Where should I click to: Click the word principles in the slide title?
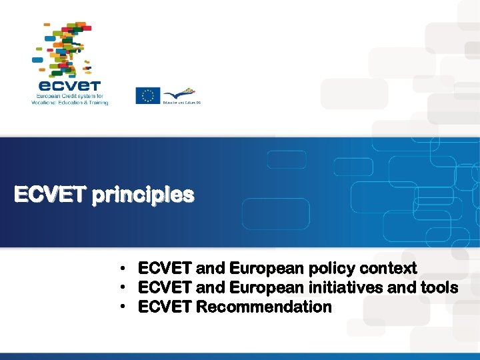143,195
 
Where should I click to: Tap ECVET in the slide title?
51,195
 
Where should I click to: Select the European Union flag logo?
148,96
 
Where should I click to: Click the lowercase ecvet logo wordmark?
69,85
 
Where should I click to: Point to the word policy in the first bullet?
331,269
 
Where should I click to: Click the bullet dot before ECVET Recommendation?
125,307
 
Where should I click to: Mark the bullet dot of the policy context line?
125,269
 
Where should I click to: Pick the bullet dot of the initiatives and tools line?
125,288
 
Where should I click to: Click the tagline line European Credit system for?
69,97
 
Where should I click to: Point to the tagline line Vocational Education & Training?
69,103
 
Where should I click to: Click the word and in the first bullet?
211,269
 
